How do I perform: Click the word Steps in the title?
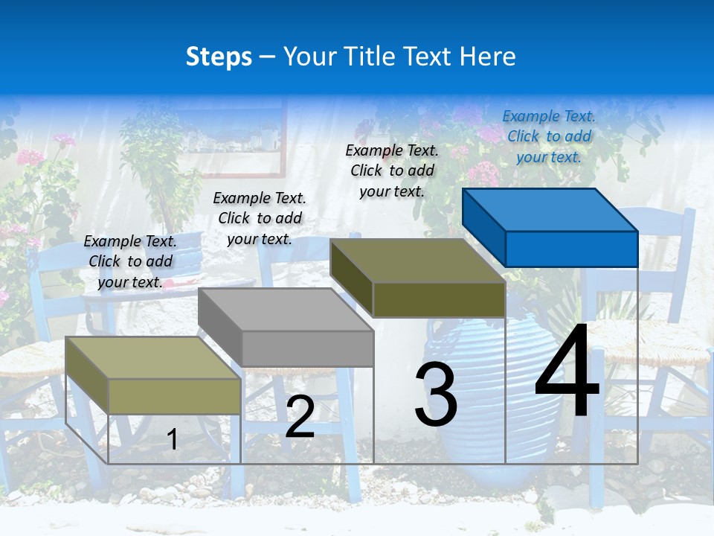coord(219,57)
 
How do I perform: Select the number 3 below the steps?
coord(436,395)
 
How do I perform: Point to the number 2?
coord(300,417)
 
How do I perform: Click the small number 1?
coord(172,439)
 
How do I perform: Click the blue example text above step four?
coord(549,136)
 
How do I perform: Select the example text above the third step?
coord(392,170)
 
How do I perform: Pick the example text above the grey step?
coord(260,218)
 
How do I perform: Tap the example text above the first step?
coord(130,261)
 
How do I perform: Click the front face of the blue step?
coord(571,249)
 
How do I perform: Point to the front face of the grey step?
coord(307,348)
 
